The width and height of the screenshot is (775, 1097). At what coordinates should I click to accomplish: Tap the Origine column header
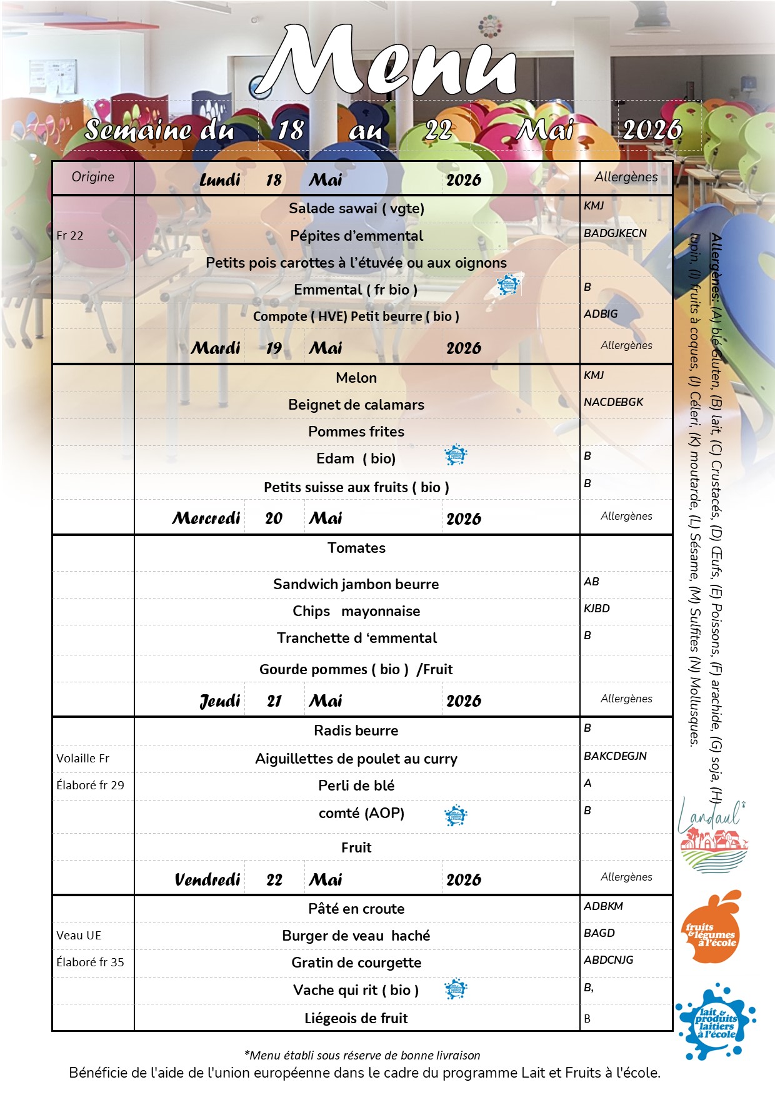click(92, 177)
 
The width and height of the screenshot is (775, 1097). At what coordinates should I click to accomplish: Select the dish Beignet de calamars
click(356, 405)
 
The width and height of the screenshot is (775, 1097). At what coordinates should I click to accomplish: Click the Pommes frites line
click(356, 432)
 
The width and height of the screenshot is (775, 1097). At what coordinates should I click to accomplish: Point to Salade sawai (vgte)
click(356, 208)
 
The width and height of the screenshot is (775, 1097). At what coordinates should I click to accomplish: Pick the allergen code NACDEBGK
click(613, 402)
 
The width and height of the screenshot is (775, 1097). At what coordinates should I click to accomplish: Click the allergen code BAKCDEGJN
click(615, 756)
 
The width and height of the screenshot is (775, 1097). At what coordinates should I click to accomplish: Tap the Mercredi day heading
click(206, 518)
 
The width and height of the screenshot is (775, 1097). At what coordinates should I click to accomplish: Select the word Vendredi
click(207, 879)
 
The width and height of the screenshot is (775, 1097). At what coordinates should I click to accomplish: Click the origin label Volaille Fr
click(82, 759)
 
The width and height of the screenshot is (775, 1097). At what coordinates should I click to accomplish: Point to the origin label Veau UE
click(79, 936)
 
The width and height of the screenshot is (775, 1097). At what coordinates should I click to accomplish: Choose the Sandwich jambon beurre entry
click(356, 584)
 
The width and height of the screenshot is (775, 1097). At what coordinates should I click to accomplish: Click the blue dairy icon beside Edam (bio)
click(456, 455)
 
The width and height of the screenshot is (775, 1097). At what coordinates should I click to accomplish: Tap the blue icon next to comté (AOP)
click(456, 815)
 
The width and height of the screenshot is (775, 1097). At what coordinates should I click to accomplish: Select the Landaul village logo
click(712, 835)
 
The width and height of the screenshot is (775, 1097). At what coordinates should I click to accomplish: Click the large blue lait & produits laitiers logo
click(716, 1023)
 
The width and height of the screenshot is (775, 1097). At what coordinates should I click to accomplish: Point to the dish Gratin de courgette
click(356, 963)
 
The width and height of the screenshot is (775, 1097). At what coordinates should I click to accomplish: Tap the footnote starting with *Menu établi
click(362, 1055)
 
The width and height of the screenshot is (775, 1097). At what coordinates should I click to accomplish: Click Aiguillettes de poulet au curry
click(356, 759)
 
